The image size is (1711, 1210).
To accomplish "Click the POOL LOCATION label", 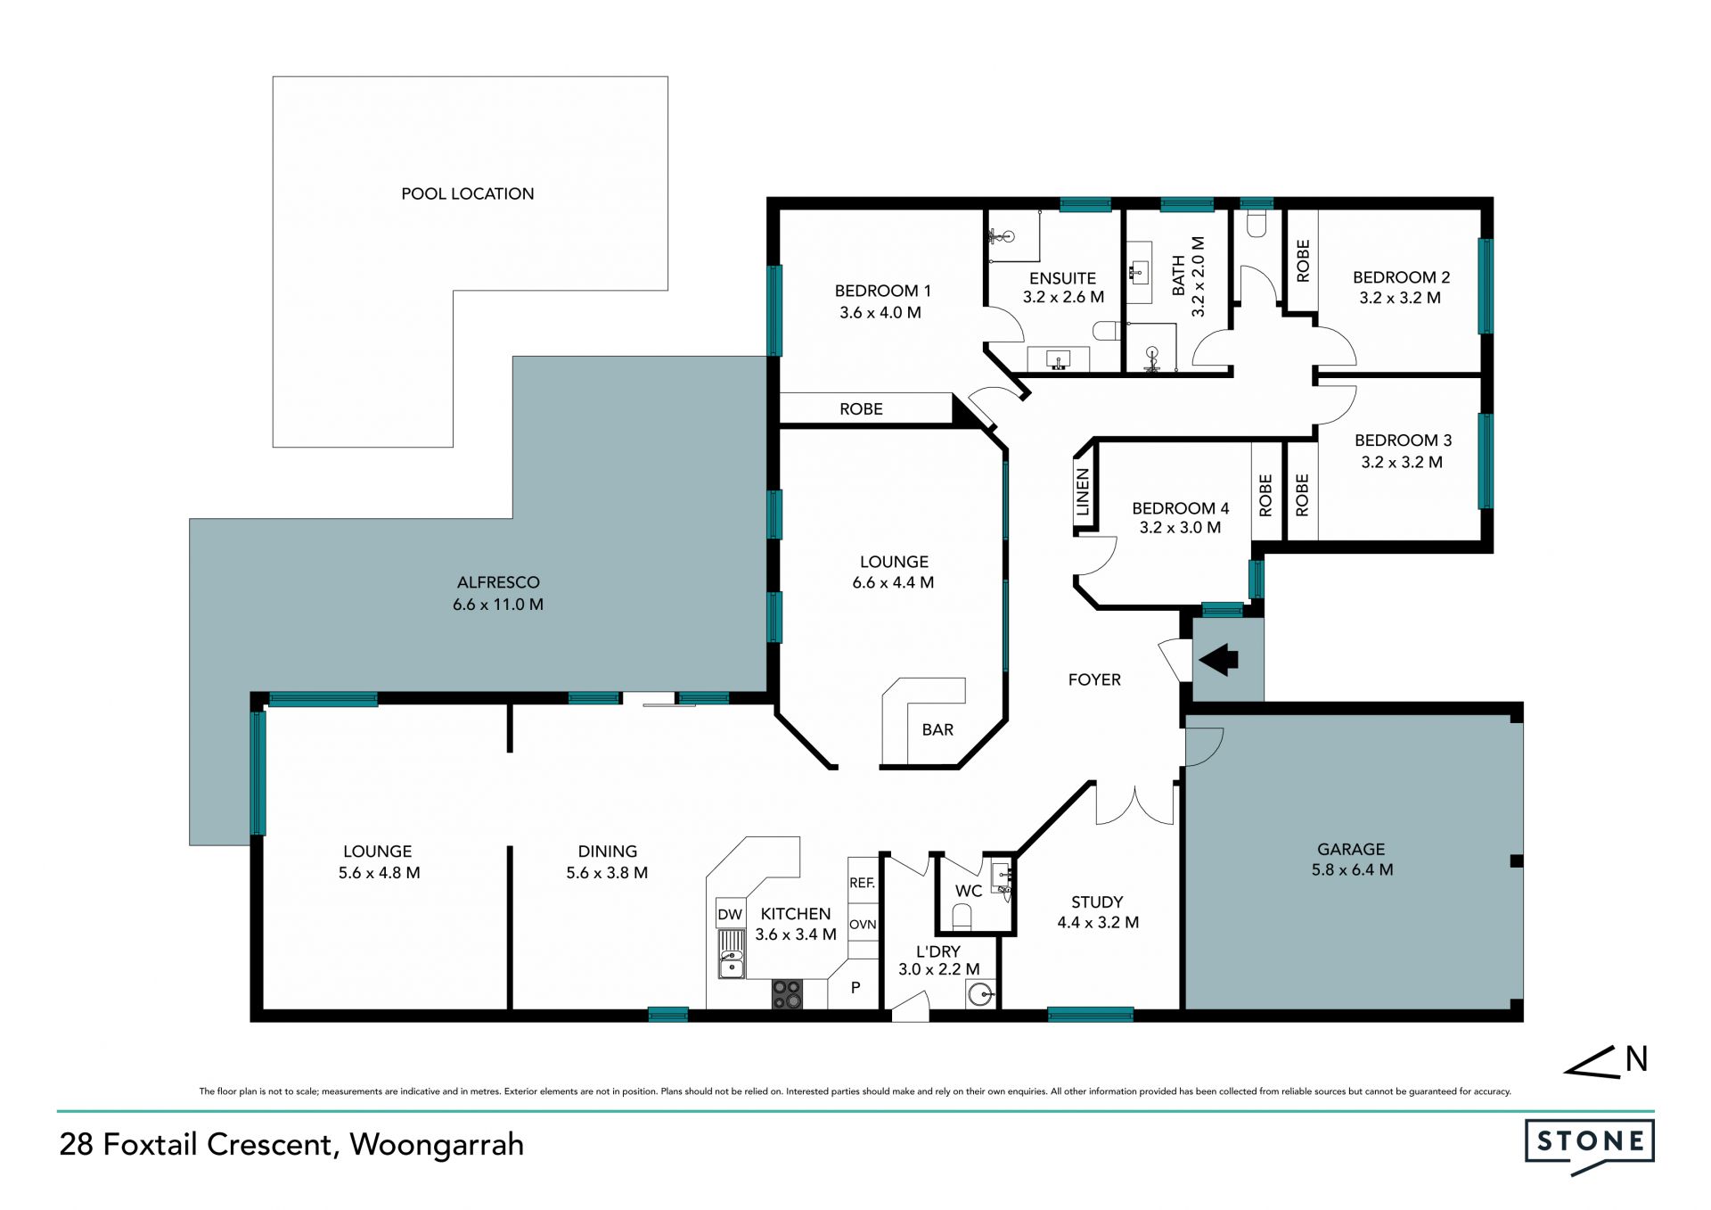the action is click(x=467, y=193).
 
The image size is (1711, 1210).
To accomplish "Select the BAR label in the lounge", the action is click(x=937, y=729).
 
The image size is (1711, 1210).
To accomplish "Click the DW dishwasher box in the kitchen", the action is click(x=730, y=914).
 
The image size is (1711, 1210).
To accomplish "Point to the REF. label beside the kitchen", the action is click(x=862, y=883).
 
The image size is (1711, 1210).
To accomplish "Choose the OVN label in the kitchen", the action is click(x=863, y=924).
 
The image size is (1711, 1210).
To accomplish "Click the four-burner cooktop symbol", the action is click(x=787, y=994).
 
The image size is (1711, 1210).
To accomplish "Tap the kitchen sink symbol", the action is click(x=732, y=954).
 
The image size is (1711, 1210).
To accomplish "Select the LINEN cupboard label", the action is click(x=1084, y=492).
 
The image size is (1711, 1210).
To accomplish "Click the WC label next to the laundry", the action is click(x=969, y=891).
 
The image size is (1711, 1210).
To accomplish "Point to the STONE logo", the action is click(x=1590, y=1145).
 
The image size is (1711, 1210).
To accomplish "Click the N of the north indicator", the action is click(x=1636, y=1059).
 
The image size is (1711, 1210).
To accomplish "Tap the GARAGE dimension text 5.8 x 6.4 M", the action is click(x=1352, y=869).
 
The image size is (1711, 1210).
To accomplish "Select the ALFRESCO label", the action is click(x=498, y=582).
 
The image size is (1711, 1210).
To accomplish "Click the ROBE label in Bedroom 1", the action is click(x=861, y=409).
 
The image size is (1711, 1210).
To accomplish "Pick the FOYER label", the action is click(x=1094, y=679).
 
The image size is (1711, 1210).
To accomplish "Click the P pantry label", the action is click(x=855, y=987).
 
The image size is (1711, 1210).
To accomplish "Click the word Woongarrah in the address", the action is click(x=437, y=1145).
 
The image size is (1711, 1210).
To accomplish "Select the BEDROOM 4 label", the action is click(x=1181, y=508).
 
